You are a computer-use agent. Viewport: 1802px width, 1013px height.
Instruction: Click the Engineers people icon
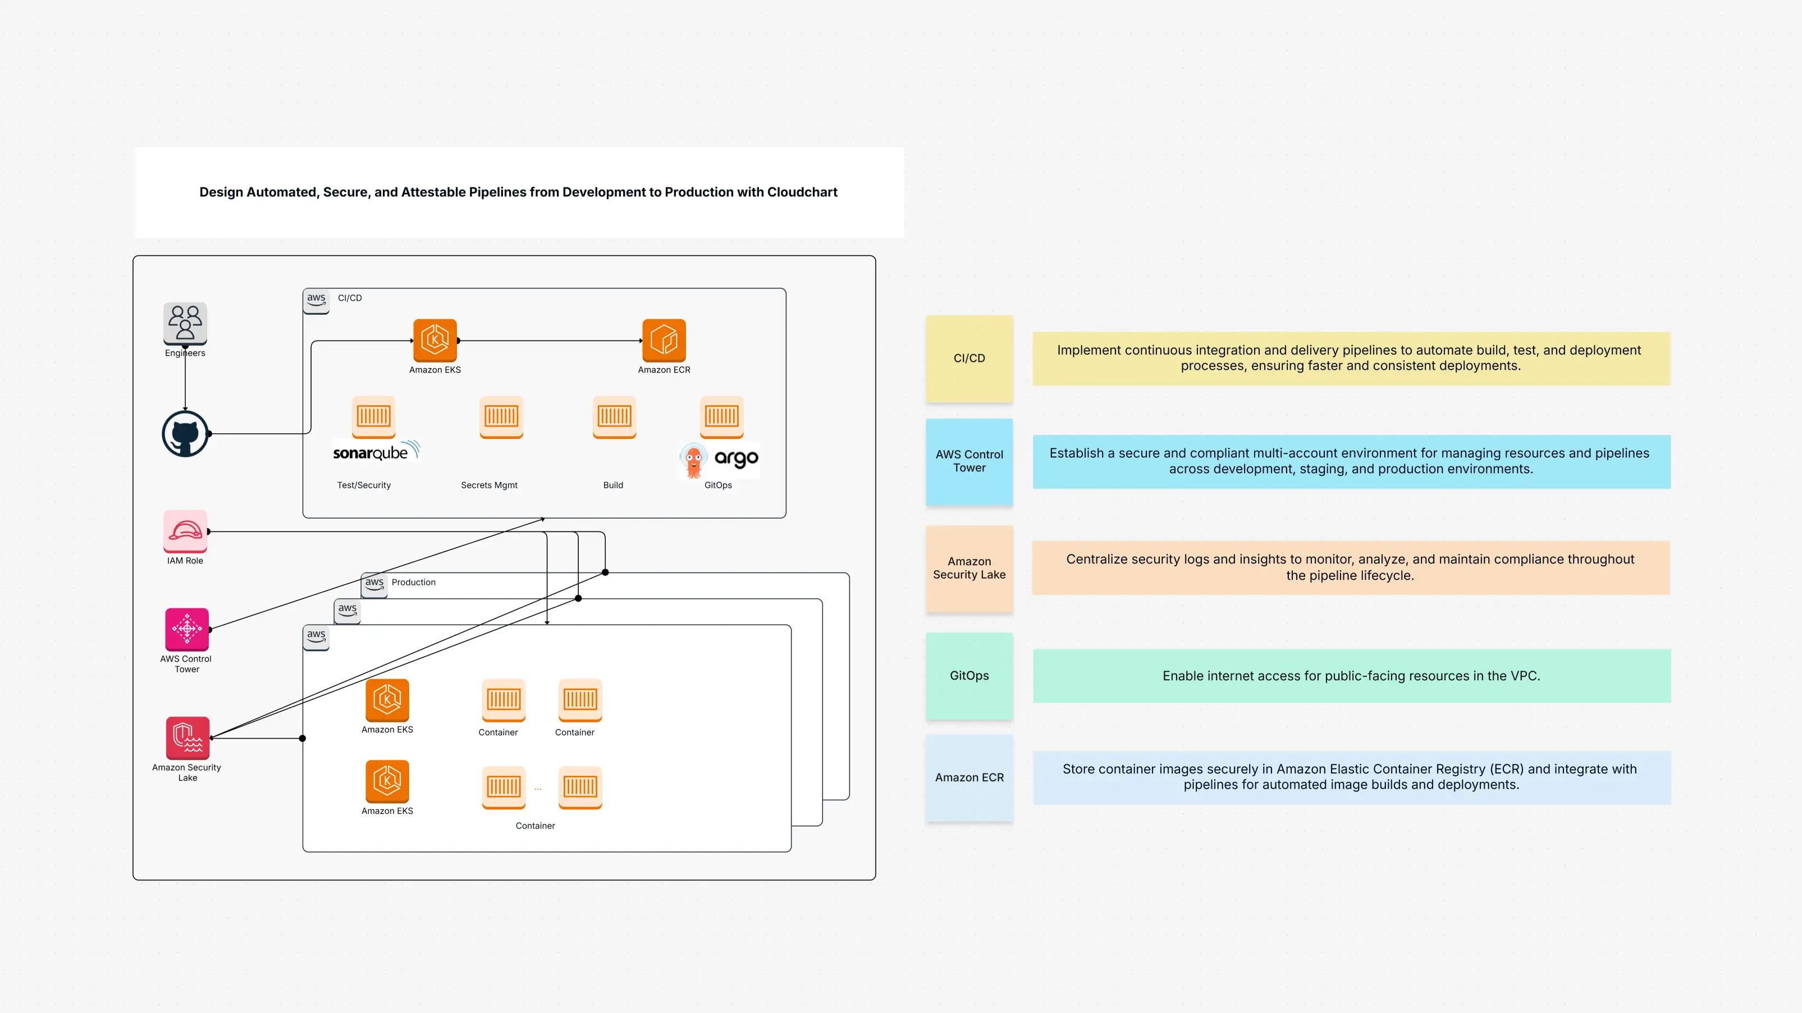click(185, 323)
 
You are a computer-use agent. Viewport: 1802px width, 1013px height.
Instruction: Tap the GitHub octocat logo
click(185, 434)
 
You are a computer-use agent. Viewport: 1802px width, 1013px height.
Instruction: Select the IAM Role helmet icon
click(185, 531)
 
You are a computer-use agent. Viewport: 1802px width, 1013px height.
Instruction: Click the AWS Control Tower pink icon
click(187, 629)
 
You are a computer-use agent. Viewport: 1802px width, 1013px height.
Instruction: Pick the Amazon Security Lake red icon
click(187, 737)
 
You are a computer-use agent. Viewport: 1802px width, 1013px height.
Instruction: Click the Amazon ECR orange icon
click(664, 340)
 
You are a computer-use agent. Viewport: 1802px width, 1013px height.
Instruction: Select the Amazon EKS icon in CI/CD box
click(435, 340)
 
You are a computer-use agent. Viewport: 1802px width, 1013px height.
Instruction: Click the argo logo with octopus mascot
click(719, 460)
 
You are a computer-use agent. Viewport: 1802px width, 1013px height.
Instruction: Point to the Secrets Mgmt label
click(489, 485)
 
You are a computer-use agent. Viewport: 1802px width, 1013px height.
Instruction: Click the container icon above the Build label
click(614, 417)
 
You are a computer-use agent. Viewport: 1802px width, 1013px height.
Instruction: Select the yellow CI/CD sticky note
click(969, 358)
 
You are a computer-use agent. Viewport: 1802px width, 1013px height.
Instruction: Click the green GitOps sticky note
click(969, 676)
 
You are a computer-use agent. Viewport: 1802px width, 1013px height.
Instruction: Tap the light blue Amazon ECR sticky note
click(969, 777)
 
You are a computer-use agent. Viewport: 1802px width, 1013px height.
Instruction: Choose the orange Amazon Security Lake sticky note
click(969, 568)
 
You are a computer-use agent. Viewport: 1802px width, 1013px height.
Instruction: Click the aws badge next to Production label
click(375, 584)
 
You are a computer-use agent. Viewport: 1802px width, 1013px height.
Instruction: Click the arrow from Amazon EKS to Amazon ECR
click(549, 341)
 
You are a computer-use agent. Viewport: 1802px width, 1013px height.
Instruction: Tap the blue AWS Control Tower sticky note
click(969, 461)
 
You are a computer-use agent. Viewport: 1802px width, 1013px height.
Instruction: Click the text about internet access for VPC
click(1351, 676)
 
